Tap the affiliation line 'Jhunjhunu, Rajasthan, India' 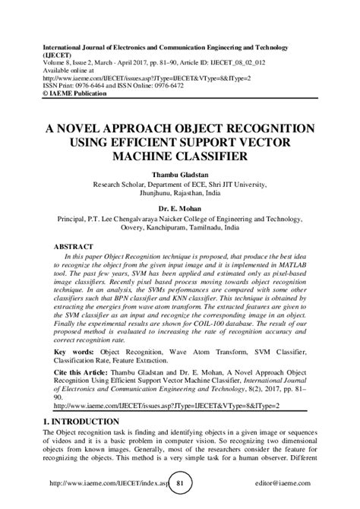click(x=180, y=193)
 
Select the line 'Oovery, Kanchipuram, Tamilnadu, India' click(x=180, y=226)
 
